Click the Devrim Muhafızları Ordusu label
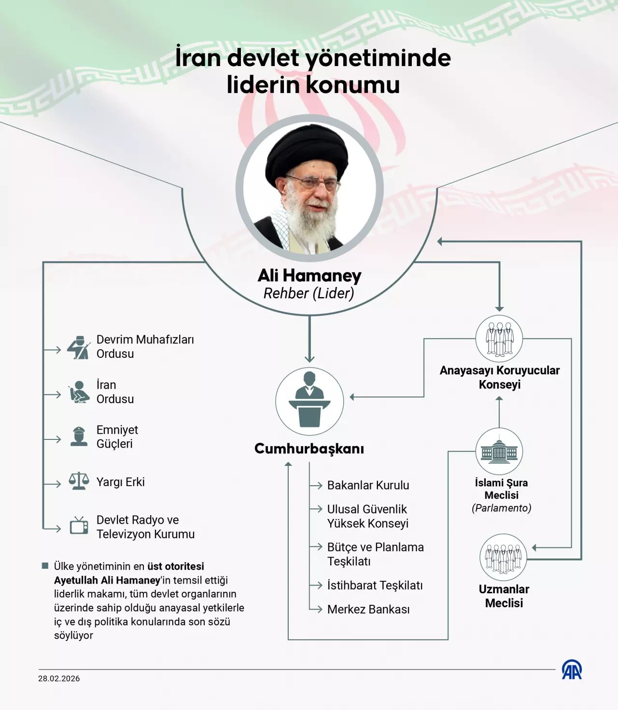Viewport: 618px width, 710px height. pos(145,346)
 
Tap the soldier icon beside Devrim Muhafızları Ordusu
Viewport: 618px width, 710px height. pos(78,347)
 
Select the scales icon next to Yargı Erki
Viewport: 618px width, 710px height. pos(79,481)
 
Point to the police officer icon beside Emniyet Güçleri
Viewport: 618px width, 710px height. pos(79,437)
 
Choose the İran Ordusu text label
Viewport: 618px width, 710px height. pos(115,392)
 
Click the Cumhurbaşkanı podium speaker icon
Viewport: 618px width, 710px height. pos(309,401)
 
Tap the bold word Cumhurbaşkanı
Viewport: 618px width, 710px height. pos(309,449)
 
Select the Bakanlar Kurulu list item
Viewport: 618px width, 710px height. pos(368,485)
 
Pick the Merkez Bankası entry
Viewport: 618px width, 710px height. pos(368,609)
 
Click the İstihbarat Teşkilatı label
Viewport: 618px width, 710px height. pos(375,585)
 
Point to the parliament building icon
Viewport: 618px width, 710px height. pos(499,451)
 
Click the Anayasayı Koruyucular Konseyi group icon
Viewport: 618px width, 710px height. pos(499,339)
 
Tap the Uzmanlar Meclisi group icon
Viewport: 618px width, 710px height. pos(504,557)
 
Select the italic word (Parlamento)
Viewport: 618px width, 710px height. pos(502,508)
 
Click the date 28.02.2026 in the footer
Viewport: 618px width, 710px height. pos(59,679)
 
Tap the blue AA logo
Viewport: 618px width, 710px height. pos(572,670)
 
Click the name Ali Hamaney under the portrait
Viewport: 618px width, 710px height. pos(309,275)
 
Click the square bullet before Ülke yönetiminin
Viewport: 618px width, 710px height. pos(45,566)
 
